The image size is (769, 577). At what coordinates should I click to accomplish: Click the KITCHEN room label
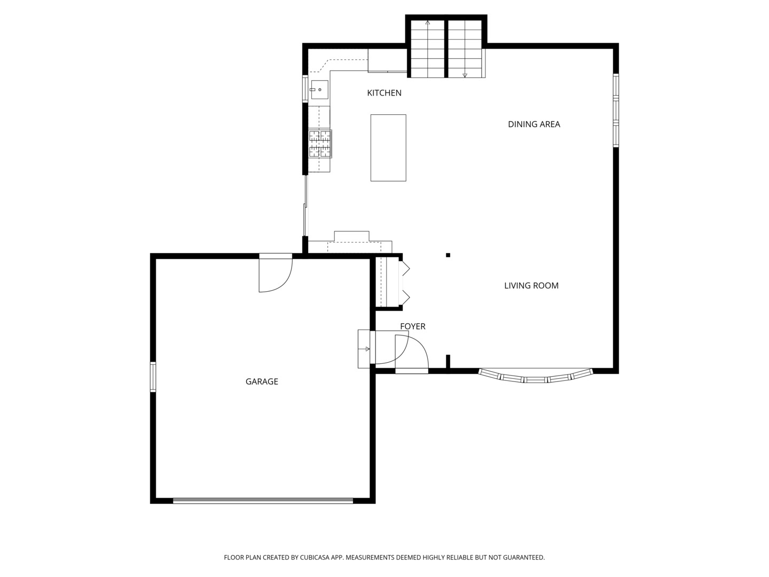(384, 93)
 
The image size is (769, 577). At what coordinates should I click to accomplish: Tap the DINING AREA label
(533, 124)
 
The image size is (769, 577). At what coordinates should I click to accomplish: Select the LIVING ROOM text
(531, 286)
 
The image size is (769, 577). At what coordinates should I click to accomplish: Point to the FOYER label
(412, 326)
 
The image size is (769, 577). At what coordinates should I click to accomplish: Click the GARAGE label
(262, 381)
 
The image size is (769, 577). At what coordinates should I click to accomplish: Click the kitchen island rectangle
(388, 148)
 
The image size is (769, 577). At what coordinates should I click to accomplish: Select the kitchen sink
(319, 90)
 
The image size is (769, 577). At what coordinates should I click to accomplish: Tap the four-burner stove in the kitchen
(320, 144)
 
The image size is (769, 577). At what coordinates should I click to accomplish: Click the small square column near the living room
(448, 255)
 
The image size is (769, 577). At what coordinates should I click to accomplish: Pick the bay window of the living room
(535, 378)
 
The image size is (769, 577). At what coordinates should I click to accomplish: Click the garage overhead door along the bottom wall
(263, 501)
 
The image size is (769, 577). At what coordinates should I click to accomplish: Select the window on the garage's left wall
(153, 377)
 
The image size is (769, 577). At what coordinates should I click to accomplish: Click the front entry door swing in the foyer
(411, 353)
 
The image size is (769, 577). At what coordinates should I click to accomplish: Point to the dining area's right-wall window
(615, 110)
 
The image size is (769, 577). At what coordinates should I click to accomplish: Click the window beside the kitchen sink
(305, 89)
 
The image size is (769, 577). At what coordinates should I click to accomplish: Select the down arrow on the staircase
(465, 75)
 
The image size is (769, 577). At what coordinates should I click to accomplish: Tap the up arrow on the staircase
(427, 23)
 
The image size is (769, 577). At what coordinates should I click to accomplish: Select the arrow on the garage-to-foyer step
(366, 349)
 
